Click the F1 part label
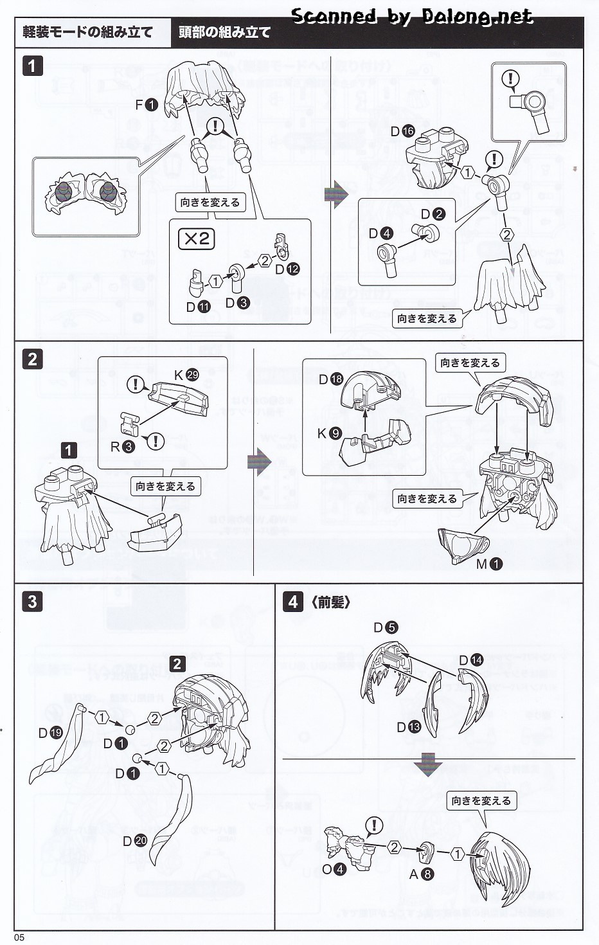[146, 104]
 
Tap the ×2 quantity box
[196, 239]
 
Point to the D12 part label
[287, 269]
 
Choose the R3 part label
[122, 446]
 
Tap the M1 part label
[489, 564]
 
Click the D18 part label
[330, 379]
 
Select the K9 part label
[328, 433]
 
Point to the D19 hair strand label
[50, 733]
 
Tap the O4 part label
[334, 869]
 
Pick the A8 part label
[422, 874]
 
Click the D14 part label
[470, 660]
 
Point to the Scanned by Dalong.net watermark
[411, 15]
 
